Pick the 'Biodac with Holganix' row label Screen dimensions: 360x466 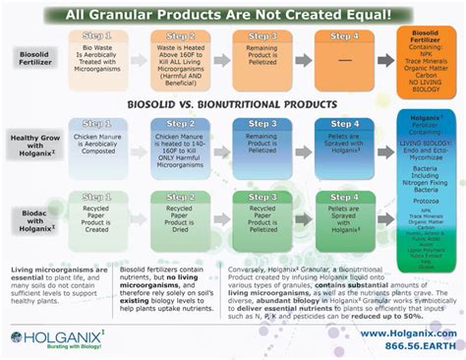tap(35, 220)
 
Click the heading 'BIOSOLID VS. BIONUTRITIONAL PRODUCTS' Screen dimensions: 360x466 tap(234, 103)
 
